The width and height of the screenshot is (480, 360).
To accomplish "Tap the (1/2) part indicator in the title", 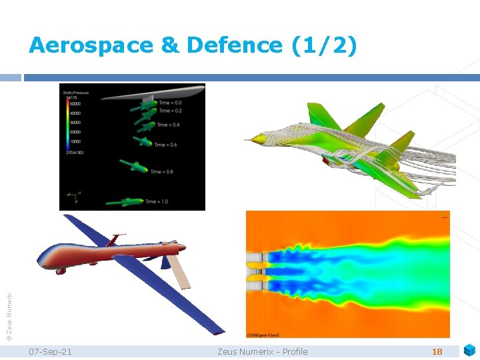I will point(325,45).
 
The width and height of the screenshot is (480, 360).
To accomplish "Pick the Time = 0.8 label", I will point(161,171).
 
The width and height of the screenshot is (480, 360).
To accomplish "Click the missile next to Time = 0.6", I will point(142,141).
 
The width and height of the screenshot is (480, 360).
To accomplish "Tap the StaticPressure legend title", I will point(75,93).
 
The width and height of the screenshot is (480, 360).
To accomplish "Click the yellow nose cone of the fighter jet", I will point(255,140).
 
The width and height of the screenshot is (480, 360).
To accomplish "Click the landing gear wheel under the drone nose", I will point(61,271).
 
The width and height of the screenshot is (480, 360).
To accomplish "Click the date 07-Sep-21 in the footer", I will point(51,351).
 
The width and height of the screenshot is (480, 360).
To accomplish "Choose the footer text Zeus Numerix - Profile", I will point(263,351).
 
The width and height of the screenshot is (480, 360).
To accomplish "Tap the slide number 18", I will point(437,351).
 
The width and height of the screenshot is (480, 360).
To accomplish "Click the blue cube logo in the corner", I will point(469,350).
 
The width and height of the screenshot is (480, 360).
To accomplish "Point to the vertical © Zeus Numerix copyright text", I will point(9,307).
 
